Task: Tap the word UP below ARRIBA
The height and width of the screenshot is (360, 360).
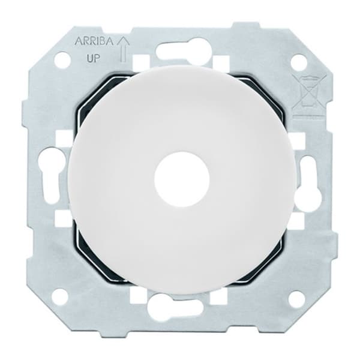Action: tap(93, 59)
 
